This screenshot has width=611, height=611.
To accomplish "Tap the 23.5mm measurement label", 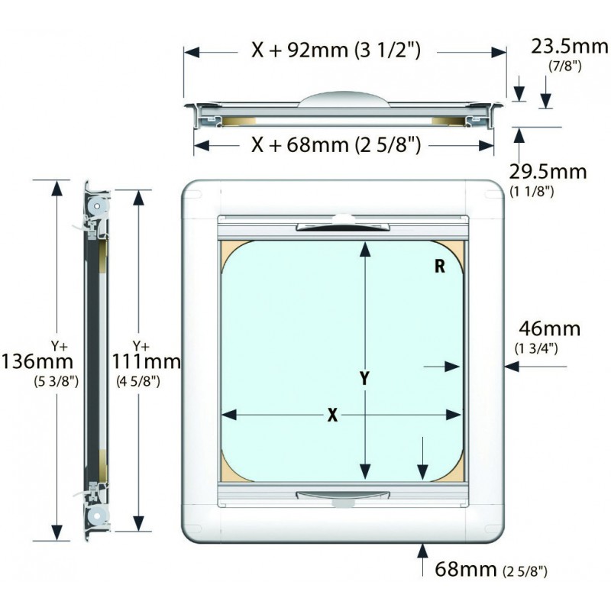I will (x=569, y=48).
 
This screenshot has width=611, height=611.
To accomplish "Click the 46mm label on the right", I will (x=549, y=329).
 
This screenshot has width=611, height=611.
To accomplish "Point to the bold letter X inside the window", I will (x=332, y=415).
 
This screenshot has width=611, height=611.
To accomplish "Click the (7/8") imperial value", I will (x=566, y=66).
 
